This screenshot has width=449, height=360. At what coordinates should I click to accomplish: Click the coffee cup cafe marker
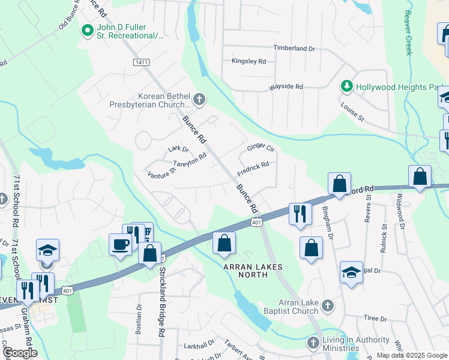(120, 244)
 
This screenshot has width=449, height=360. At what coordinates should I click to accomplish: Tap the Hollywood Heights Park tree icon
(346, 86)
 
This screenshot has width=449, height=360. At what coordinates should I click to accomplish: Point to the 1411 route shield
(141, 62)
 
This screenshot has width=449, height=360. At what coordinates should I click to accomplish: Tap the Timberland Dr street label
(294, 48)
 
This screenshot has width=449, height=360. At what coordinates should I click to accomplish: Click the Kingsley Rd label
(249, 61)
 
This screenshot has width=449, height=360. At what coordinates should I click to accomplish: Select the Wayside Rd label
(286, 86)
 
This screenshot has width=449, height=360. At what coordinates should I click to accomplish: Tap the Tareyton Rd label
(190, 160)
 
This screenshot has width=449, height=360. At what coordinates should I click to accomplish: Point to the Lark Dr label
(178, 149)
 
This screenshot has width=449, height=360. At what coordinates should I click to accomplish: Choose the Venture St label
(161, 174)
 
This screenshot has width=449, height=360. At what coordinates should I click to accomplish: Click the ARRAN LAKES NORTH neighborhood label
(252, 266)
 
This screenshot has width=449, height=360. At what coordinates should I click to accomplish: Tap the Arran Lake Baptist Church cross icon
(327, 306)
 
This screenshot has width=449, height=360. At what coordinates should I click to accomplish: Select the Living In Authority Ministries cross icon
(313, 343)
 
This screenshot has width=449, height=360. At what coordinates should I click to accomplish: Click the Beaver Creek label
(409, 32)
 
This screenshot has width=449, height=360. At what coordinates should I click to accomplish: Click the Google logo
(20, 353)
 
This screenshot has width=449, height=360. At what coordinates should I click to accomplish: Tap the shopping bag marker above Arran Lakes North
(224, 243)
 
